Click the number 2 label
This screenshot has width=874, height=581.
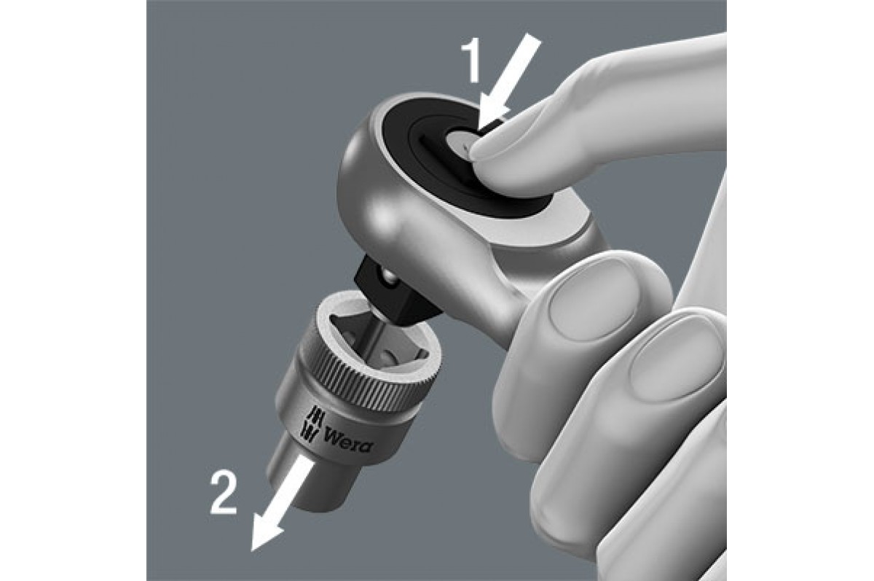click(x=224, y=493)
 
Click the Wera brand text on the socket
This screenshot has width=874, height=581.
click(x=347, y=440)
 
